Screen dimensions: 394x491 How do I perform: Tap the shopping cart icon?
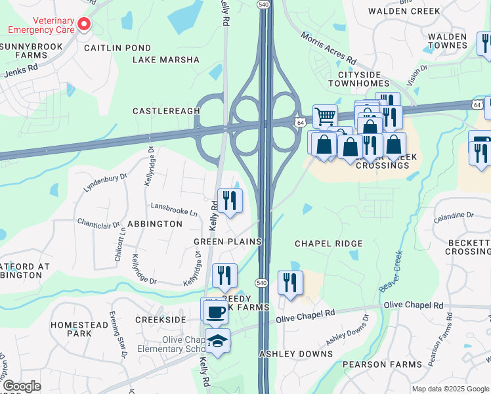tap(325, 117)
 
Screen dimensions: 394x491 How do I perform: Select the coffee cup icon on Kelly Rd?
tap(215, 311)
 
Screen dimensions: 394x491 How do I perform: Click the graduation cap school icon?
tap(217, 341)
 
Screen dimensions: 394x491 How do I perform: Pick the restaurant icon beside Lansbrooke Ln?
tap(229, 200)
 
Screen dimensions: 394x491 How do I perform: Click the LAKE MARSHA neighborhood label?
tap(166, 60)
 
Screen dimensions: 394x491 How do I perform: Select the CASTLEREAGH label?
tap(166, 111)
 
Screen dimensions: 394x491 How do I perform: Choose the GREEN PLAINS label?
tap(227, 242)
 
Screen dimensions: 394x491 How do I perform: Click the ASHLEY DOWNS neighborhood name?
tap(296, 354)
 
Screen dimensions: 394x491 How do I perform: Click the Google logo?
tap(22, 386)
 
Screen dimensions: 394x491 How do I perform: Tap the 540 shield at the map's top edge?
tap(263, 5)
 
